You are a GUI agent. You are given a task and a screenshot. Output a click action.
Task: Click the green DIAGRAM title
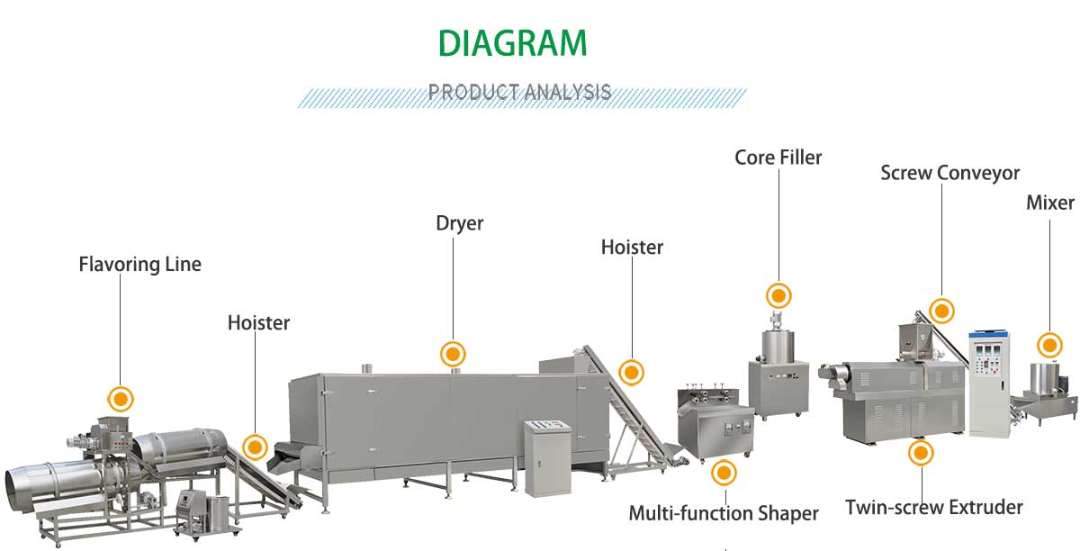point(513,42)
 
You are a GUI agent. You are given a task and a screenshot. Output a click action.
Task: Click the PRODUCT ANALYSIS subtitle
point(520,92)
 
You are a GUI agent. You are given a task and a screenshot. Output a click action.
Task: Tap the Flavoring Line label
point(140,265)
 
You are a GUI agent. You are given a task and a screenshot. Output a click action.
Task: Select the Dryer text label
point(459,223)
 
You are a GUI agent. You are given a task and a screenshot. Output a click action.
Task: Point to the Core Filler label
point(778,158)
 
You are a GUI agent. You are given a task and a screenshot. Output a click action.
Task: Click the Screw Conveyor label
point(949,172)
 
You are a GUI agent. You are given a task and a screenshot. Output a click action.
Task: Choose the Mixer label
point(1050,203)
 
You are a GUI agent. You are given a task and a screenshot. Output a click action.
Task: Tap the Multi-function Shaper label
point(724,513)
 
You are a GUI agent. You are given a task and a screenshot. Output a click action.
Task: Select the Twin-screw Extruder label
point(934,507)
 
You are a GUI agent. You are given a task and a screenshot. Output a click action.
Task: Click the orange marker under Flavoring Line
point(120,398)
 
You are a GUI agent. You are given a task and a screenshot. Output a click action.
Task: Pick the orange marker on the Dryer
point(453,354)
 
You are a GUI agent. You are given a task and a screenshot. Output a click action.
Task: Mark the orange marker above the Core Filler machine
point(778,295)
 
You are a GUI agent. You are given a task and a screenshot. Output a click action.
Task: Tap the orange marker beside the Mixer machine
point(1049,345)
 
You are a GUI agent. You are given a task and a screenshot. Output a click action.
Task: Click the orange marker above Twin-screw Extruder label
point(920,453)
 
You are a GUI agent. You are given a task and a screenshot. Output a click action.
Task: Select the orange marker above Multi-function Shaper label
point(724,472)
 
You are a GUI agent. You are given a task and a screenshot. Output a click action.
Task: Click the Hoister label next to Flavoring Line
point(258,322)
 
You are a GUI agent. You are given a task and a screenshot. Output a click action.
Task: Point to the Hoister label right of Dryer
point(632,247)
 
